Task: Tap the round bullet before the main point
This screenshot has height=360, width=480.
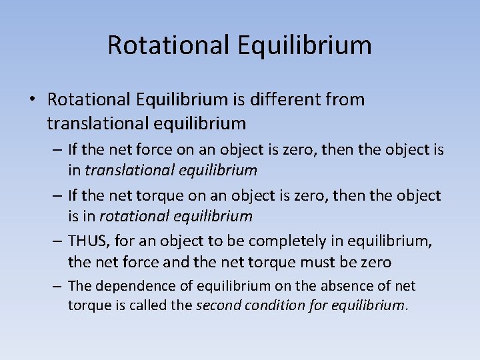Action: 31,100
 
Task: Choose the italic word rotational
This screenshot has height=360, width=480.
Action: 139,216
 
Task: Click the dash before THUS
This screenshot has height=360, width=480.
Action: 56,241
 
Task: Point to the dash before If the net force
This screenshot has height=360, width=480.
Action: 56,150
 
